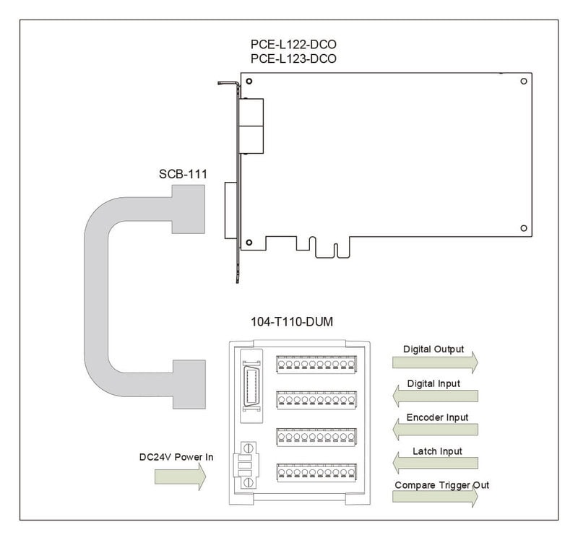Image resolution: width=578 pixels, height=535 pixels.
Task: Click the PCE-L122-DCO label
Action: [293, 45]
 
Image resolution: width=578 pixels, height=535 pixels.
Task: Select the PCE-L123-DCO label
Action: [293, 59]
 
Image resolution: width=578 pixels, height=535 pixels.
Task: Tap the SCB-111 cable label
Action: [183, 174]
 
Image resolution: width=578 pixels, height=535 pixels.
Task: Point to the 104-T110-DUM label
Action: [292, 322]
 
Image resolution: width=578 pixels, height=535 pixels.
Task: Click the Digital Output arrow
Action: [435, 362]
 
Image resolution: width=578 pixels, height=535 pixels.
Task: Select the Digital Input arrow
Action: [435, 396]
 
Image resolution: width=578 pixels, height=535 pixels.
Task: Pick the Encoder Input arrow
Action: [435, 430]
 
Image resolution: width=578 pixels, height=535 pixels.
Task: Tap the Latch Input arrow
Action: [435, 463]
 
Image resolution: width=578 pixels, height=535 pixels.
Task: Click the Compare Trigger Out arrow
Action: [435, 496]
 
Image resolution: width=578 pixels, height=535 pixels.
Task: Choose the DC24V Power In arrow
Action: [180, 477]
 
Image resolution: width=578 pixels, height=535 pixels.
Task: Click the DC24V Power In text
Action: [176, 457]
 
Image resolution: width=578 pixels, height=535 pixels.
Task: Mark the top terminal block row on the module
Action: [316, 365]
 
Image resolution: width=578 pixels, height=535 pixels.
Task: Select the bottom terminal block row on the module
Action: [316, 473]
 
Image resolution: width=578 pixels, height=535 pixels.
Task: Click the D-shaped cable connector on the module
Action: [251, 386]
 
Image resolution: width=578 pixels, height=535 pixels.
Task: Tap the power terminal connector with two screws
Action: [246, 466]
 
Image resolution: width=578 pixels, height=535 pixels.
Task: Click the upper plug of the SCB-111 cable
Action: [189, 209]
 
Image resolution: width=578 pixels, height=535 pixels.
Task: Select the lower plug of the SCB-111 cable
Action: [189, 384]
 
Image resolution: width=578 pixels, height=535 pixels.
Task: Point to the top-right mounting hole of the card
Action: [523, 81]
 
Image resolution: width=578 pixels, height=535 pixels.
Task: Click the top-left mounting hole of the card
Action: [249, 81]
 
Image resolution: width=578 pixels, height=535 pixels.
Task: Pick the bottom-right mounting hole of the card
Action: [523, 228]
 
